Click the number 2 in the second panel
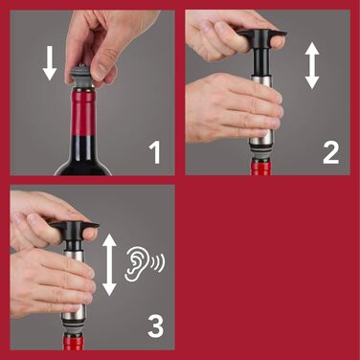330,150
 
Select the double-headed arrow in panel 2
312,65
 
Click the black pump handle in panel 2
261,39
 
